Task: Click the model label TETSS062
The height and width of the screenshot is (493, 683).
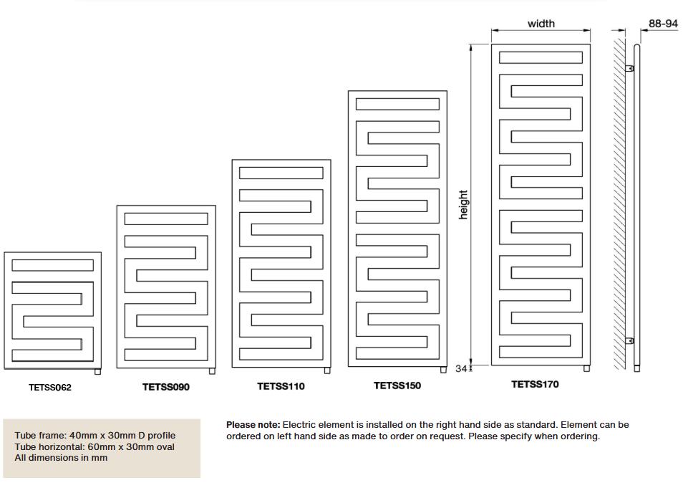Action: [x=50, y=388]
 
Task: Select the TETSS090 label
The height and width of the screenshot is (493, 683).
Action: [x=166, y=387]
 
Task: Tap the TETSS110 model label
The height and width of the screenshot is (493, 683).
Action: [x=281, y=386]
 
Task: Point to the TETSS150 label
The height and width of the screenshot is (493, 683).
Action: [x=397, y=386]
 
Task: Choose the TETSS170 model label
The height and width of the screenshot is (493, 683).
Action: [x=535, y=384]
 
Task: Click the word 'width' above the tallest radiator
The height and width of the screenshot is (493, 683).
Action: [x=541, y=24]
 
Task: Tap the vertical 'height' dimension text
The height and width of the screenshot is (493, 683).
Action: [x=463, y=205]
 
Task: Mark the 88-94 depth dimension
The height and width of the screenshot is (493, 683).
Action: [x=663, y=24]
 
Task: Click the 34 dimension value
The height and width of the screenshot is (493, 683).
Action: [x=461, y=369]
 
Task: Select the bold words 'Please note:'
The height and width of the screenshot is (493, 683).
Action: [x=253, y=425]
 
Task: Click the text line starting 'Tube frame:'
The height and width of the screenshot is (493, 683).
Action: [x=95, y=436]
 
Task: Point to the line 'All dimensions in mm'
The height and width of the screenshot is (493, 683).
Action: [x=61, y=457]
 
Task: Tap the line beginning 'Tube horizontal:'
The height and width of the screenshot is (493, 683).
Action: [x=95, y=446]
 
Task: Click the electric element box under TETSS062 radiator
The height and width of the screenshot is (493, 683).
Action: [x=98, y=371]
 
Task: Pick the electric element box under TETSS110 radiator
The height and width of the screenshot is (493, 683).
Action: [x=327, y=370]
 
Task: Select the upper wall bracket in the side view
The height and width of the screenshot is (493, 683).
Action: [x=629, y=69]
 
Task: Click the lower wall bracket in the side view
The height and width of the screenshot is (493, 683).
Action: [x=629, y=340]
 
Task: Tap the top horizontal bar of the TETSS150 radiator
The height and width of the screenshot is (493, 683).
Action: [x=397, y=104]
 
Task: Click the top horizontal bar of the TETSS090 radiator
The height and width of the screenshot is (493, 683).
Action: [x=166, y=219]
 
